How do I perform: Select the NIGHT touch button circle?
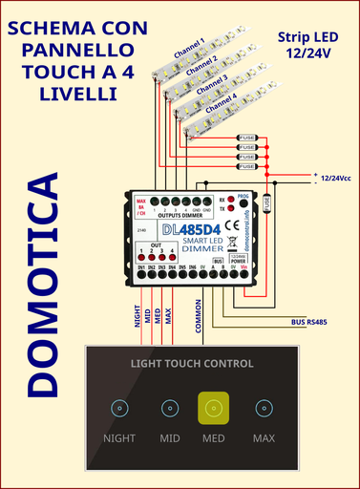tap(119, 409)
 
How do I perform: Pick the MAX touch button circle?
tap(263, 409)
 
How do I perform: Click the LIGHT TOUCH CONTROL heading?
tap(192, 364)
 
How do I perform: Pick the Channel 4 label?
tap(215, 98)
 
